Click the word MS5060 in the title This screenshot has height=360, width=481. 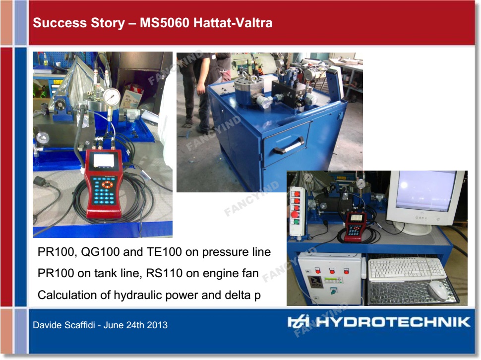click(x=165, y=23)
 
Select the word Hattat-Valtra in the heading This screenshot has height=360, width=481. click(x=233, y=23)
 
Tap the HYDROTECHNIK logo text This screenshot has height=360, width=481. click(x=393, y=322)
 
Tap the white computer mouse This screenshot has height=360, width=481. click(x=439, y=290)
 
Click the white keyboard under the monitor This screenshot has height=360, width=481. click(x=407, y=269)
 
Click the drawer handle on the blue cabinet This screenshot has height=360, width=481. click(x=289, y=146)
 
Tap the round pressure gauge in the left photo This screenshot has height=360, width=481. click(x=111, y=97)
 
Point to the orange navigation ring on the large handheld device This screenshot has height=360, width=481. click(x=107, y=184)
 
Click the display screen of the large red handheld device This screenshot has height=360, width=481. click(x=104, y=160)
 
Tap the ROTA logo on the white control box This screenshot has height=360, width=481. click(x=316, y=281)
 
